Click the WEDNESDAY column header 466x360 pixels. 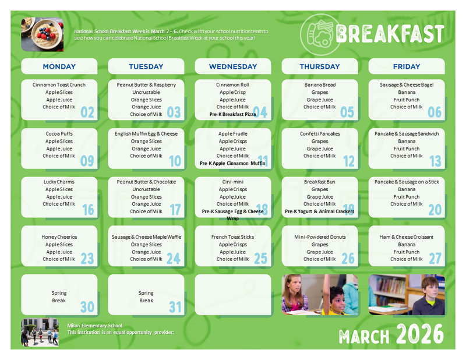click(x=233, y=66)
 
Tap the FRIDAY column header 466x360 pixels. click(x=407, y=66)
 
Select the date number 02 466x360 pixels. click(x=87, y=112)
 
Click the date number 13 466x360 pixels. click(x=435, y=161)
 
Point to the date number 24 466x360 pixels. click(x=174, y=258)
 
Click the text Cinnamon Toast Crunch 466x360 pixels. click(x=59, y=85)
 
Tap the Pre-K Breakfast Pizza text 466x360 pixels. click(x=232, y=115)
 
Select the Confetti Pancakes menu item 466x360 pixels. click(x=320, y=134)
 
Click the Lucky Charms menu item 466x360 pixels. click(x=59, y=182)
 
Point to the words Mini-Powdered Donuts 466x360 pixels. click(x=320, y=237)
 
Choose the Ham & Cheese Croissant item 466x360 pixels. click(x=407, y=237)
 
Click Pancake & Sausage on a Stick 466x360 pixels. click(x=407, y=182)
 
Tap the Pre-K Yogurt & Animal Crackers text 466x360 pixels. click(x=319, y=211)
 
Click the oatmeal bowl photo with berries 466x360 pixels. click(x=42, y=34)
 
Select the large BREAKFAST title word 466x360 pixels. click(x=390, y=34)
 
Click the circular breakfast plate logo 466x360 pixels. click(x=318, y=33)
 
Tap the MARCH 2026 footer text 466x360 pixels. click(x=391, y=336)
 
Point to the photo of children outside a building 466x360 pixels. click(x=40, y=333)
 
